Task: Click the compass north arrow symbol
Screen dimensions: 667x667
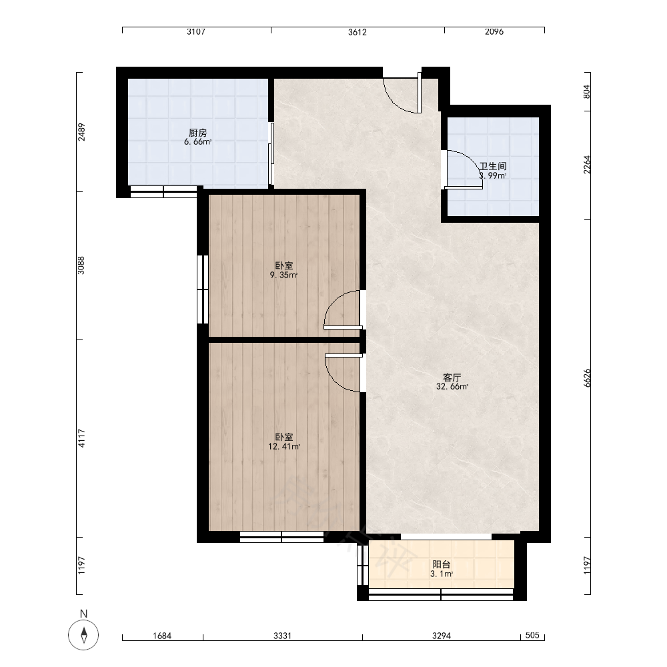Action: [84, 635]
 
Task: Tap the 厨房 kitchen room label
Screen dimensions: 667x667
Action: [198, 133]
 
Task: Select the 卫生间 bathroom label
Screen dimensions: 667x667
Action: [493, 166]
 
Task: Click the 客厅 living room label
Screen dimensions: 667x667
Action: [452, 378]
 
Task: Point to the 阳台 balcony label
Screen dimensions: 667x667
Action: [442, 564]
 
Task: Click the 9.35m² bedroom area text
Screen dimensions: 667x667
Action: [283, 275]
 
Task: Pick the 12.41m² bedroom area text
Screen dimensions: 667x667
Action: [284, 447]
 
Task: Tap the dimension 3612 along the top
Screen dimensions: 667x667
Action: [358, 32]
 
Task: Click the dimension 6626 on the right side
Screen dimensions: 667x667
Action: [588, 378]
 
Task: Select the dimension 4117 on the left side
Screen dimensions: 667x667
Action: [81, 438]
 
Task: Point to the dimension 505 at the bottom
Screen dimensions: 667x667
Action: [532, 635]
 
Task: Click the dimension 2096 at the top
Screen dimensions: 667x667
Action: [494, 32]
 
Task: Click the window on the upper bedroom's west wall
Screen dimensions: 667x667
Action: [203, 289]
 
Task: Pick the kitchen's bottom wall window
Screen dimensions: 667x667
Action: [163, 191]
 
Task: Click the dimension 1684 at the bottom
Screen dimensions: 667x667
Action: [162, 636]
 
